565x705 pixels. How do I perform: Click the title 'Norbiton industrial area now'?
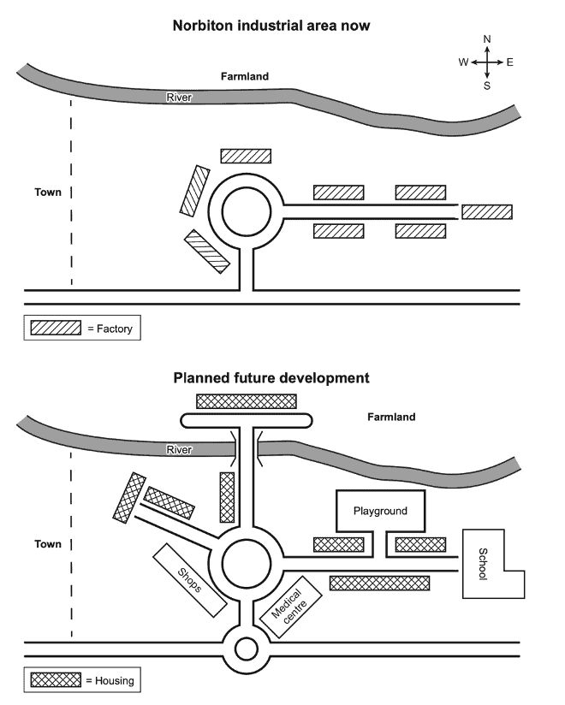272,26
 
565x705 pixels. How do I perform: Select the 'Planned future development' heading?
271,376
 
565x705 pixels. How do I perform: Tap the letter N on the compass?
487,39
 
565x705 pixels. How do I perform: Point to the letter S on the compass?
487,85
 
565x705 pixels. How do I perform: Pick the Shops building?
190,581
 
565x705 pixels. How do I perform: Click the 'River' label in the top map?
180,98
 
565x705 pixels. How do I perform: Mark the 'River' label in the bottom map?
180,449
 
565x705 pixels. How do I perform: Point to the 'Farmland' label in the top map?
245,76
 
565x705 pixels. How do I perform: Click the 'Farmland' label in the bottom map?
391,418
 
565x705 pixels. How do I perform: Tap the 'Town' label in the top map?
48,193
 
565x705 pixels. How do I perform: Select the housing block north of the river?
247,400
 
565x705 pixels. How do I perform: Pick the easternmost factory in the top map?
486,211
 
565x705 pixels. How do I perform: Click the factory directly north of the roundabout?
246,156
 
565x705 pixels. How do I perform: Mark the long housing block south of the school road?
379,583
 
